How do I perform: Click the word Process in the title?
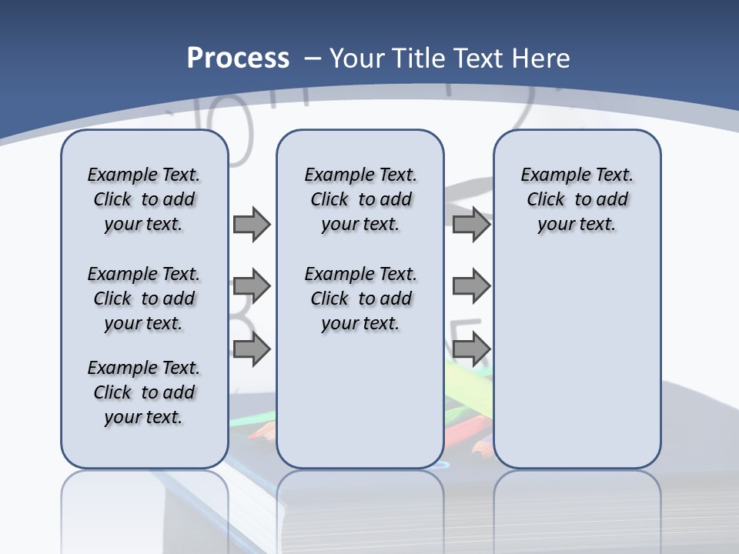point(238,58)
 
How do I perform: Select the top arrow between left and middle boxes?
point(251,224)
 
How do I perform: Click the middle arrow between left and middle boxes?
point(251,287)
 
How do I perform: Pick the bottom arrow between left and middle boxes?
point(251,349)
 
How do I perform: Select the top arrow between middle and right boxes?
point(470,224)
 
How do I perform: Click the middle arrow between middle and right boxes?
point(470,287)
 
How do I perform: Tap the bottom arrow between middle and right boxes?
point(470,349)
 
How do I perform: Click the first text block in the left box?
point(144,199)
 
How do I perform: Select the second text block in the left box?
point(144,299)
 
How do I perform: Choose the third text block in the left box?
point(144,392)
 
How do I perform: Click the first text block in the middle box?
point(360,199)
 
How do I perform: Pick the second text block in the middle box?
point(360,299)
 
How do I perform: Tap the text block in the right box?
point(577,199)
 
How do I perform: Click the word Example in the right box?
point(548,175)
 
